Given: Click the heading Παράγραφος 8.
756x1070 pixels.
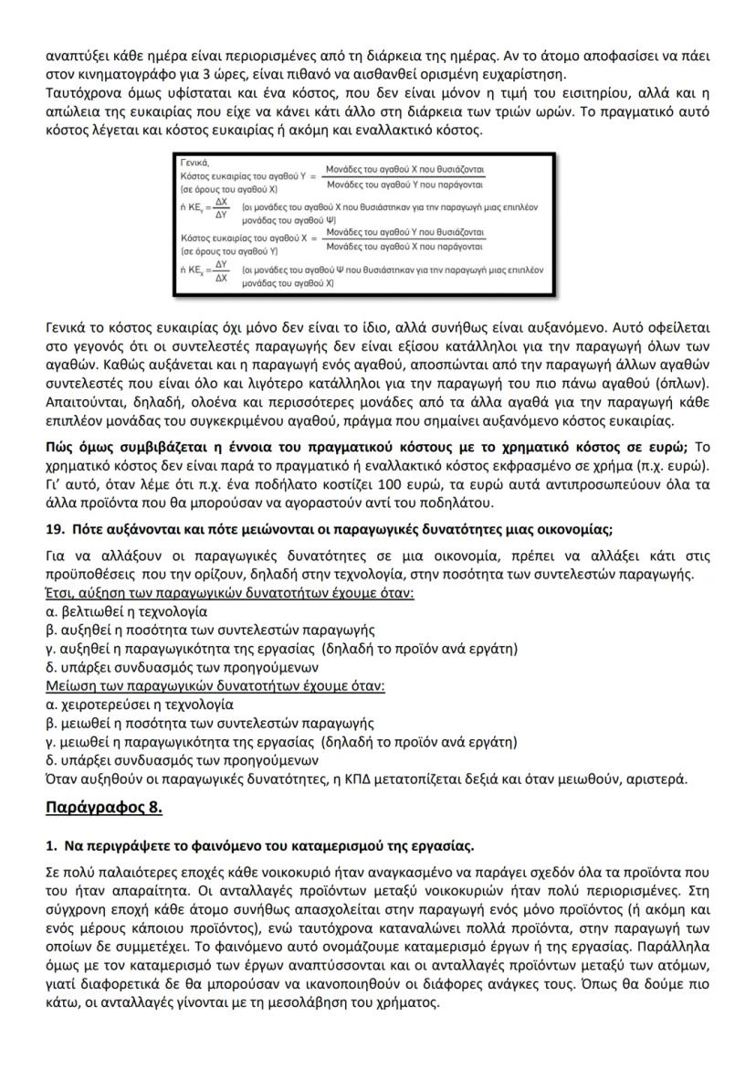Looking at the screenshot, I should point(103,807).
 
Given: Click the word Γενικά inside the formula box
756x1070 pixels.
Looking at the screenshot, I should point(195,160).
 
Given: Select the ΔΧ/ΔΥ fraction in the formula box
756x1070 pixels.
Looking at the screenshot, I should point(220,207).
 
